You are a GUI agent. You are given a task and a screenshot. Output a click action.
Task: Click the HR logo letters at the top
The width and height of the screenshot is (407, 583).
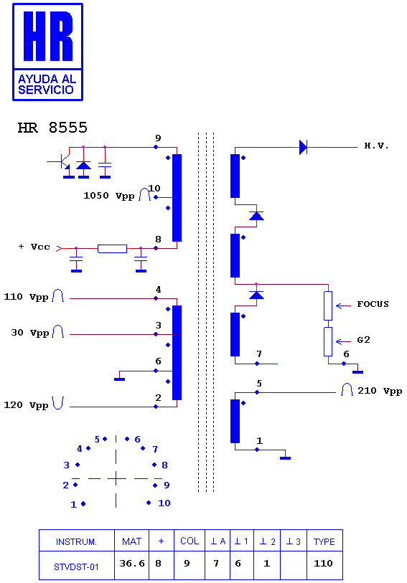coord(48,36)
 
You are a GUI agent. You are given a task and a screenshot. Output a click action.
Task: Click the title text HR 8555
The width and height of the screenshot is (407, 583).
coord(52,128)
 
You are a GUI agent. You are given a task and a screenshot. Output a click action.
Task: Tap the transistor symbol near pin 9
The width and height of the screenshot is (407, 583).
coord(65,161)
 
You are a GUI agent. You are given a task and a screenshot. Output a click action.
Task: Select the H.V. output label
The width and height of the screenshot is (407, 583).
coord(377,146)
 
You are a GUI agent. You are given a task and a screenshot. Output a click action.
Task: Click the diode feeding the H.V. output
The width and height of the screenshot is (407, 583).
coord(303,147)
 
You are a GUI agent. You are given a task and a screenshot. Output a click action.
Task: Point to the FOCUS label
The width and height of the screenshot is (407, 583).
coord(373,304)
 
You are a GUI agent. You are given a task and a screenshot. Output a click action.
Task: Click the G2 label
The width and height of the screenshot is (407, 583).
coord(363,340)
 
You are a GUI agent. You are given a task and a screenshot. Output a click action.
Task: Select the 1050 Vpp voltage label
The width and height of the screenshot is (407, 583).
coord(108,196)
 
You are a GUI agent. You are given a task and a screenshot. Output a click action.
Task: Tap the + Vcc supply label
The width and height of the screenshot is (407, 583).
coord(34,247)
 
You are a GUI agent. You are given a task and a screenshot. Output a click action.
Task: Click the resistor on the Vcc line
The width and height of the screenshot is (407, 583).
coord(112,249)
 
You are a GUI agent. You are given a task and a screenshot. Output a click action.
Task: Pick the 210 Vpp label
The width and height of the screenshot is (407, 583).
coord(380,391)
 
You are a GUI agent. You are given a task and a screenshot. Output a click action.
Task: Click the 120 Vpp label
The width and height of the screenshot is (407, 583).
coord(26,405)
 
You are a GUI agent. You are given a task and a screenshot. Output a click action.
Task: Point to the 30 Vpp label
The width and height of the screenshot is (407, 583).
coord(29,333)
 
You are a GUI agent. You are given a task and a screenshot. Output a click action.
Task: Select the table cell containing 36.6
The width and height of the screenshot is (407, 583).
coord(131,564)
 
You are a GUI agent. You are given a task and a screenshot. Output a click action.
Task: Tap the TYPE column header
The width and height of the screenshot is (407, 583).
coord(324,541)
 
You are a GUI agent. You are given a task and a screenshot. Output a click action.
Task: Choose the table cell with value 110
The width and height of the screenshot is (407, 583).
coord(323,564)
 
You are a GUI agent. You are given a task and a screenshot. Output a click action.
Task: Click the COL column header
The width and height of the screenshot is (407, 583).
coord(190,541)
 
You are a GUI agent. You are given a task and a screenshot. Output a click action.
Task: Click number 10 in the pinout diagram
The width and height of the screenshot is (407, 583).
coord(164,503)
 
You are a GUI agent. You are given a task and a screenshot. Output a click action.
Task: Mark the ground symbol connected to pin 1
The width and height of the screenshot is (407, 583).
coord(285,458)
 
